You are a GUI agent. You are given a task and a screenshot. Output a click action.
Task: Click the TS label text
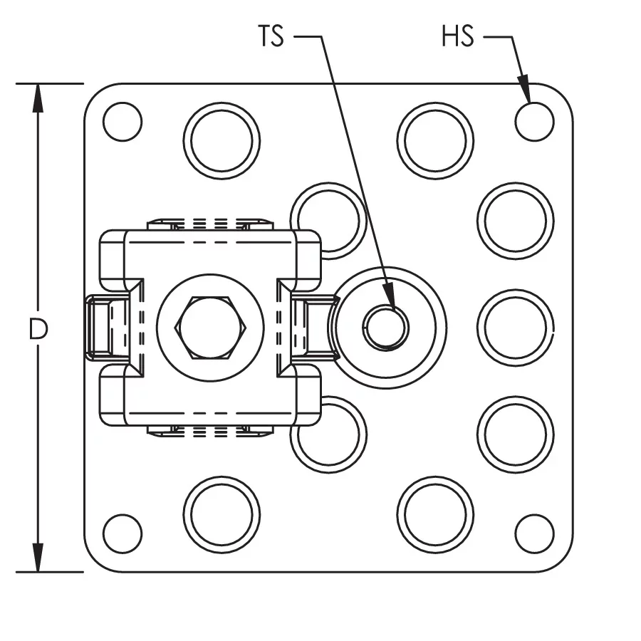tap(271, 36)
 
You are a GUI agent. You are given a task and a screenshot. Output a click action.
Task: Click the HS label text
tap(458, 36)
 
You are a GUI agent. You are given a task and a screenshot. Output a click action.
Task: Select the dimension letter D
tap(38, 329)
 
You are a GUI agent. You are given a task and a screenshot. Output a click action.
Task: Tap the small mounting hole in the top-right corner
tap(534, 122)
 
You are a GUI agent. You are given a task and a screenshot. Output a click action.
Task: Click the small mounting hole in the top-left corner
tap(123, 122)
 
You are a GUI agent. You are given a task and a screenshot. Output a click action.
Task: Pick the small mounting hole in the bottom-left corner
tap(123, 533)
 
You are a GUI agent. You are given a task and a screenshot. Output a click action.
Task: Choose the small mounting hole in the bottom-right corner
tap(534, 533)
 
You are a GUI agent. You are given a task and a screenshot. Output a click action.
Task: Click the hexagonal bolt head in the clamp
tap(210, 328)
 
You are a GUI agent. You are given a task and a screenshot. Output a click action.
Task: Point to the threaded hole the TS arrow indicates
tap(385, 328)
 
